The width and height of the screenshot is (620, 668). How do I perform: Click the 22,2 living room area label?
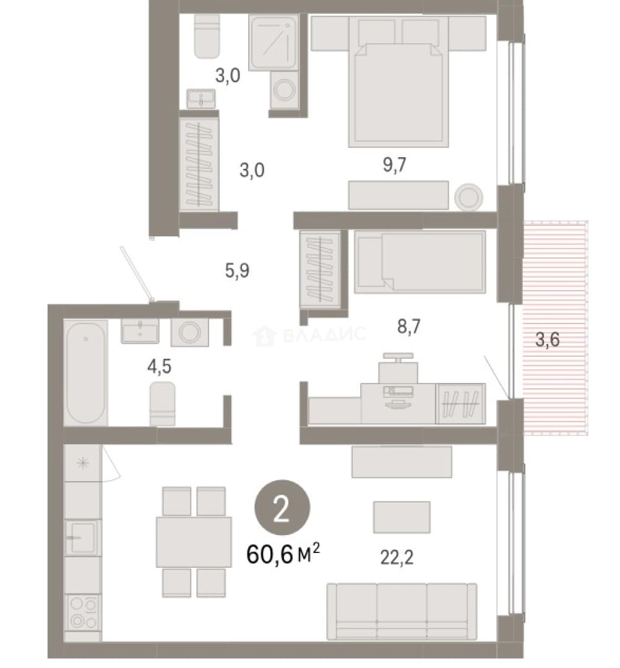click(x=396, y=557)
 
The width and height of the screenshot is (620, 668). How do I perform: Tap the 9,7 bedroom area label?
click(x=395, y=165)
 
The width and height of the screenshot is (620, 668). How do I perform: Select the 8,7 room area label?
click(x=408, y=327)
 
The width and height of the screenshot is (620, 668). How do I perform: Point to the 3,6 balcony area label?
click(x=547, y=340)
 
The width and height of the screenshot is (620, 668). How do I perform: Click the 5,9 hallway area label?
click(x=238, y=270)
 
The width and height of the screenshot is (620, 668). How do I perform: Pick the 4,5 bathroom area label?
click(x=160, y=366)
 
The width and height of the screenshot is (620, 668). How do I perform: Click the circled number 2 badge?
click(x=282, y=507)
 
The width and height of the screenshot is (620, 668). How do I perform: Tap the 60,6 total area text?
click(x=283, y=554)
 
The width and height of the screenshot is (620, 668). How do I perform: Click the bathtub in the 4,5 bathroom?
click(x=85, y=373)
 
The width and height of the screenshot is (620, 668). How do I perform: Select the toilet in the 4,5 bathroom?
click(x=162, y=403)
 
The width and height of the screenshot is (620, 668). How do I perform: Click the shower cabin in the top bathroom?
click(x=272, y=43)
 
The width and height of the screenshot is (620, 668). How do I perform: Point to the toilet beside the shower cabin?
click(x=207, y=36)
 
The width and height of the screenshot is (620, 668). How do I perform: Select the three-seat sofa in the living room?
click(x=402, y=612)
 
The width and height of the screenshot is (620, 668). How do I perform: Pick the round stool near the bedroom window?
click(x=469, y=197)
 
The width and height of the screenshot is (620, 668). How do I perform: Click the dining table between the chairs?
click(x=194, y=542)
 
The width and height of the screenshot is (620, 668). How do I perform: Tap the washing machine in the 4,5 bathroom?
click(x=189, y=332)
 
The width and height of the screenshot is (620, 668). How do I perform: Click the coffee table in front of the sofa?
click(x=402, y=517)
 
